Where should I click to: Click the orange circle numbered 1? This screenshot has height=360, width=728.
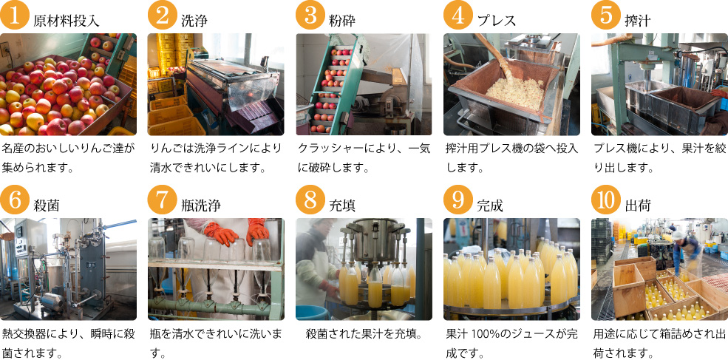pos(14,15)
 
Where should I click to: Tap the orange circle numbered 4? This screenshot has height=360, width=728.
pos(457,15)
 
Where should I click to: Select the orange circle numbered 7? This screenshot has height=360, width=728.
pos(162,200)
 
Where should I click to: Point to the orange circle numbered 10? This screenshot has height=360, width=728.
pos(605,200)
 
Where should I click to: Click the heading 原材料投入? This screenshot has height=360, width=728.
pos(67,21)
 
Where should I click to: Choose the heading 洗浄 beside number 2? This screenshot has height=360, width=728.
pos(194,21)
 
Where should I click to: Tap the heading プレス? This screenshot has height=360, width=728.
pos(497,21)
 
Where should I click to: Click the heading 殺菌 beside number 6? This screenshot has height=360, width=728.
pos(47,206)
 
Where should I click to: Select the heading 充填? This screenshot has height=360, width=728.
pos(342,206)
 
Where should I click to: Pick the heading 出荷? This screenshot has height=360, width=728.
pos(638,206)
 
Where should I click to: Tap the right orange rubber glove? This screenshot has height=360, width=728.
pos(258,231)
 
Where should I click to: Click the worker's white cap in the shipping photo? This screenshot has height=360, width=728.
pos(678,235)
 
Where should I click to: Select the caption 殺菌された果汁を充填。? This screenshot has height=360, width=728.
pos(364,334)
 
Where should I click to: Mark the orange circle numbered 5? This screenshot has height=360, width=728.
pos(605,15)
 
